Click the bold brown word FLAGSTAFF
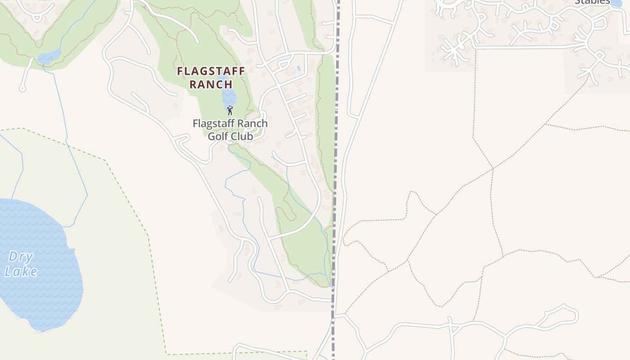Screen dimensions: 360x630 pyautogui.click(x=211, y=71)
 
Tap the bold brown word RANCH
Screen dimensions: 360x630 pyautogui.click(x=211, y=84)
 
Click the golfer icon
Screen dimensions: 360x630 pyautogui.click(x=230, y=110)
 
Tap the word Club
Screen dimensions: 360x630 pyautogui.click(x=242, y=136)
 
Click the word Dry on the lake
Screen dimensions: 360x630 pyautogui.click(x=21, y=257)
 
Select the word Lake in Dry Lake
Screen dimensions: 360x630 pyautogui.click(x=21, y=271)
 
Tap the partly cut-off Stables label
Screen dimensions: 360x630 pyautogui.click(x=592, y=2)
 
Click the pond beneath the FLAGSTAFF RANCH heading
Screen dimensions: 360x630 pyautogui.click(x=229, y=97)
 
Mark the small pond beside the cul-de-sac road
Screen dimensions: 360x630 pyautogui.click(x=49, y=57)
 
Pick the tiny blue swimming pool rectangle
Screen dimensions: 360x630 pyautogui.click(x=299, y=68)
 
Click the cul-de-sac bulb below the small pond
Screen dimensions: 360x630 pyautogui.click(x=22, y=88)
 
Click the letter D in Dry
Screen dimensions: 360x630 pyautogui.click(x=13, y=257)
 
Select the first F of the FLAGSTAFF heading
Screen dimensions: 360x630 pyautogui.click(x=180, y=71)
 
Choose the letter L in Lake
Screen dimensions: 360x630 pyautogui.click(x=8, y=272)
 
